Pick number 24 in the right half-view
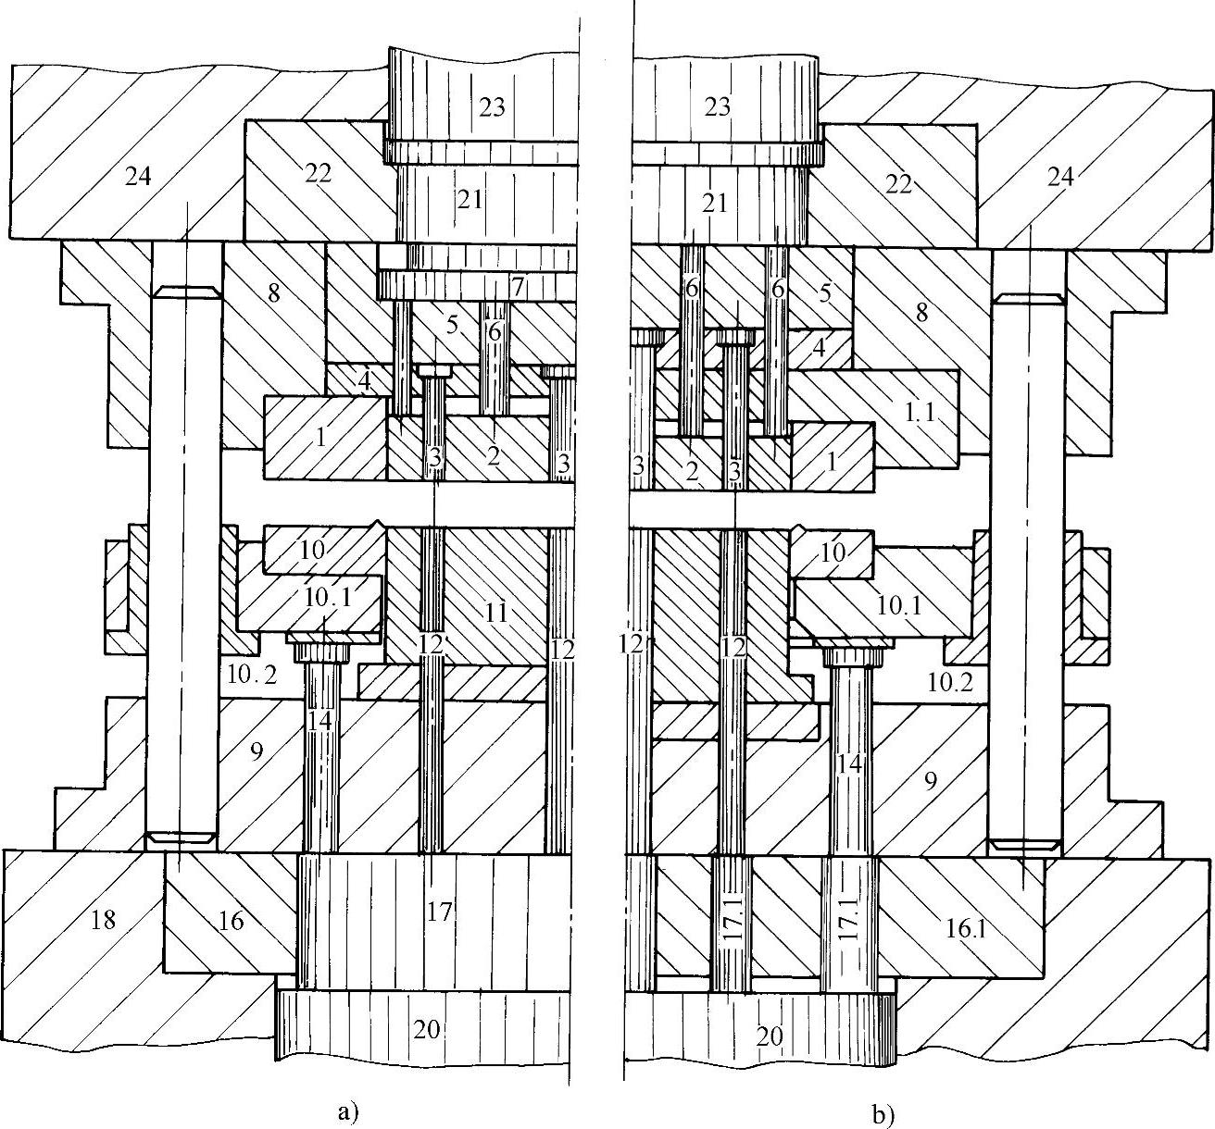click(x=1061, y=176)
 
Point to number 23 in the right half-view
click(x=718, y=107)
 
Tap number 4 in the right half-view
click(x=819, y=349)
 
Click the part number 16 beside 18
click(x=233, y=920)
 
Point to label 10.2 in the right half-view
click(x=947, y=683)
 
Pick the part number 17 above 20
click(x=440, y=912)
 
